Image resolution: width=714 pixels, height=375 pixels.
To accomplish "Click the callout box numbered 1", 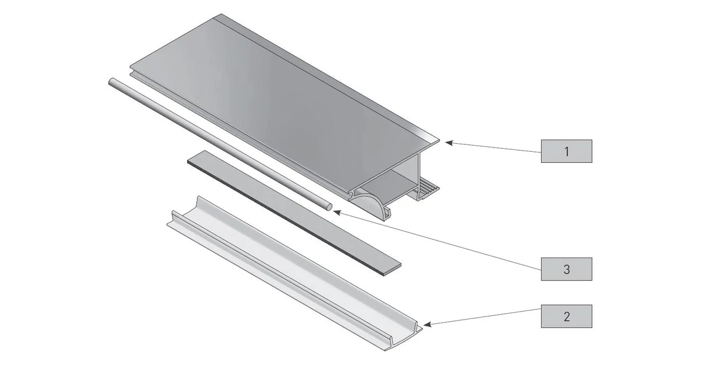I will pos(566,151).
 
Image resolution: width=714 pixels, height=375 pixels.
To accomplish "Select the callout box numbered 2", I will pos(566,316).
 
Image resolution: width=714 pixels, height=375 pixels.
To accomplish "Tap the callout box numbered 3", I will pos(566,269).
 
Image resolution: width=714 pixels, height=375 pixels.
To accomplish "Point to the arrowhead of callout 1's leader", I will pos(448,143).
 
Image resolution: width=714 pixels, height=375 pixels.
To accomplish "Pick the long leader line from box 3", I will pos(437,240).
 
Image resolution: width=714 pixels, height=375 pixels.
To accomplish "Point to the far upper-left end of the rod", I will pos(111,81).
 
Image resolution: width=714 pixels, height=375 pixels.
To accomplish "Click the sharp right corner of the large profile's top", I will pos(439,140).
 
